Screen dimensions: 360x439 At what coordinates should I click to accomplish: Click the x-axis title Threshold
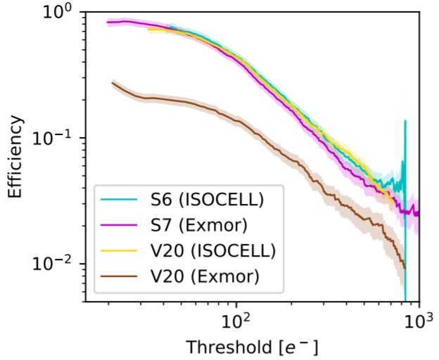(x=251, y=347)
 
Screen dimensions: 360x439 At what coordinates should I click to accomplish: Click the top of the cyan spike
(x=405, y=121)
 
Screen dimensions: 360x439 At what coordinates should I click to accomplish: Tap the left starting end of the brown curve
(x=113, y=83)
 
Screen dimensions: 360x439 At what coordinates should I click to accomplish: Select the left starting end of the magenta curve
(x=108, y=22)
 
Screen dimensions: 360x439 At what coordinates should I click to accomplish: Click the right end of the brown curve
(x=405, y=268)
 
